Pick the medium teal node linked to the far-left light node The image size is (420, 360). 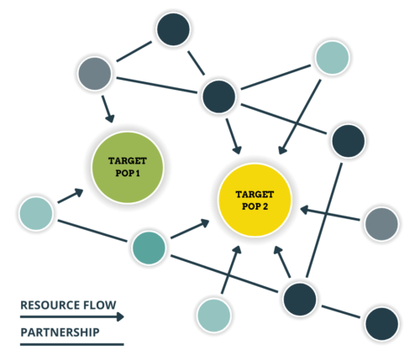pyautogui.click(x=149, y=248)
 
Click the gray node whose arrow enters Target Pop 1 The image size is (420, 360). pyautogui.click(x=95, y=75)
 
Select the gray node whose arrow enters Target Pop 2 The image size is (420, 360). pyautogui.click(x=381, y=225)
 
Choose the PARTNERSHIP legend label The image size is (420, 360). pyautogui.click(x=60, y=332)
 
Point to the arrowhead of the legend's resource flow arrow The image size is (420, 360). pyautogui.click(x=119, y=317)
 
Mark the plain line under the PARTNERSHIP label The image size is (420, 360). pyautogui.click(x=71, y=344)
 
